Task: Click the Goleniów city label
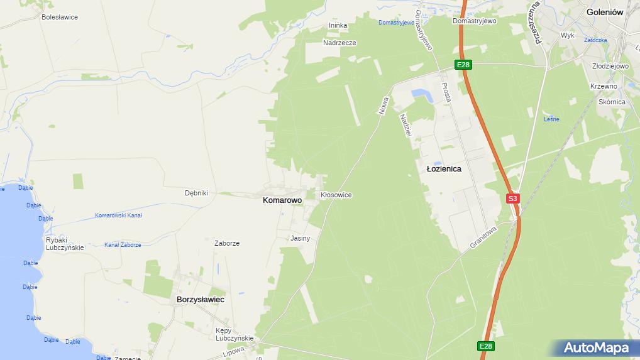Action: click(604, 11)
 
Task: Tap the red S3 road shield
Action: click(513, 199)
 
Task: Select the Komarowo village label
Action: click(282, 200)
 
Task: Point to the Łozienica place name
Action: click(444, 169)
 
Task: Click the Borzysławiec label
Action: click(201, 300)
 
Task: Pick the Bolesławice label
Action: click(60, 17)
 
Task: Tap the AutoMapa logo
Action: click(596, 347)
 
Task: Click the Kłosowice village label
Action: click(336, 195)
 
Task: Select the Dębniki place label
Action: click(196, 193)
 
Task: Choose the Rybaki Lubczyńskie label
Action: click(65, 244)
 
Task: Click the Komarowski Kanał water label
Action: click(118, 215)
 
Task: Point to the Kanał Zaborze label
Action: click(123, 245)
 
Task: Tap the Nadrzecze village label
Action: click(339, 43)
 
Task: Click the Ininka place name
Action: click(338, 26)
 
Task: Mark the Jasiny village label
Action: click(301, 238)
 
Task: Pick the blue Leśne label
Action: click(551, 119)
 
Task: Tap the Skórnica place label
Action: click(612, 102)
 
